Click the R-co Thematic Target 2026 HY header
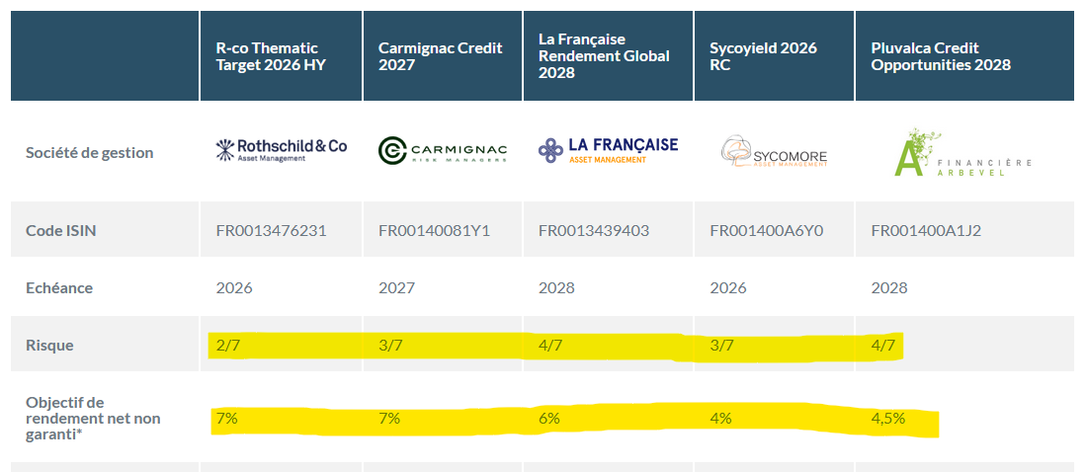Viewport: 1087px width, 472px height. pos(270,56)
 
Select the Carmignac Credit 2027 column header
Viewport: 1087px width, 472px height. pos(440,56)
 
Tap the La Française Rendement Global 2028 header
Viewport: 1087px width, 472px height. pos(604,56)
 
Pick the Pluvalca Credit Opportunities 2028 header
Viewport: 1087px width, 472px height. pos(940,56)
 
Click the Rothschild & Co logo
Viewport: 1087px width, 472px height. pos(282,149)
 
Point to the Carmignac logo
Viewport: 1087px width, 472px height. pos(443,150)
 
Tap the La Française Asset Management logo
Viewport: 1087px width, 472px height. pos(609,149)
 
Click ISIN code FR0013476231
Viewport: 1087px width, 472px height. pos(271,231)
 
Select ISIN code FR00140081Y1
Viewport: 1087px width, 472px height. pos(434,231)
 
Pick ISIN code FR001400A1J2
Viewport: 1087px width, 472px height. pos(926,231)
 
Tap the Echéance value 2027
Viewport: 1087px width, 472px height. pos(396,288)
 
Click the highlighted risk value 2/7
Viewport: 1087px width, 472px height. pos(228,346)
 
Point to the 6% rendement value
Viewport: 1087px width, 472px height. pos(549,419)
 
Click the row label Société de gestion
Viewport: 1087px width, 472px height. pos(89,153)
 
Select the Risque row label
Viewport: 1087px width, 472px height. pos(49,346)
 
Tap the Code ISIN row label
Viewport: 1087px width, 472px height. pos(60,231)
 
